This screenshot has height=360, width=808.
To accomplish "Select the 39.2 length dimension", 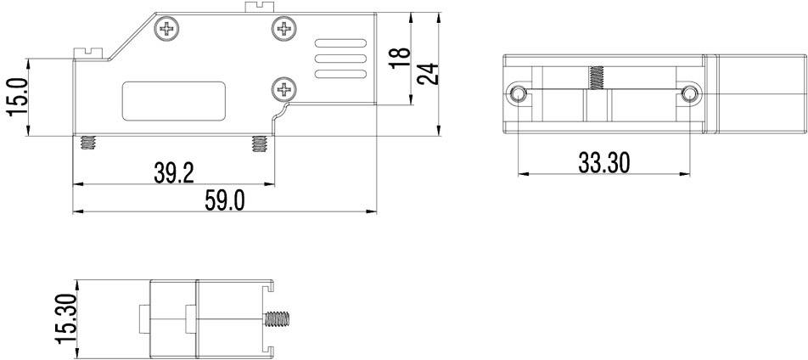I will (174, 173).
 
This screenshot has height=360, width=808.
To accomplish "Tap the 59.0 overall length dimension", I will (225, 201).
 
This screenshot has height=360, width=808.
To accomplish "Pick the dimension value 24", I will (429, 73).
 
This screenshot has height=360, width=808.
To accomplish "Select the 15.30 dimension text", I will (66, 318).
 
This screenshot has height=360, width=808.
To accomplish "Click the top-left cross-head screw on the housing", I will (168, 31).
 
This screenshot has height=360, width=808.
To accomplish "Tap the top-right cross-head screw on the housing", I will (283, 31).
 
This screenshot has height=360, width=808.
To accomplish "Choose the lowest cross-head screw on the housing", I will (283, 87).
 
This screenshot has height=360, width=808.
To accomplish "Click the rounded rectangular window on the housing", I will (175, 101).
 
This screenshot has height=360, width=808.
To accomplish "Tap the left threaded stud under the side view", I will (87, 143).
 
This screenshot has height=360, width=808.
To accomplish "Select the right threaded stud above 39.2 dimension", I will (259, 143).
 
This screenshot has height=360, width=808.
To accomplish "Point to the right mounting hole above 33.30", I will (689, 93).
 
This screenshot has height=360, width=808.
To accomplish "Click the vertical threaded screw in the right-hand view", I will (597, 78).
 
